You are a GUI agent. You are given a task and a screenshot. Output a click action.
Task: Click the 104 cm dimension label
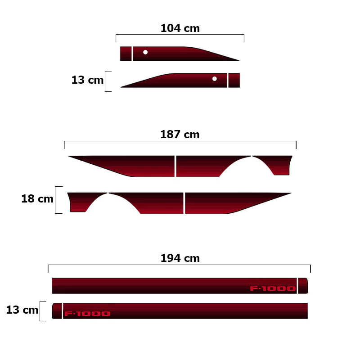180,28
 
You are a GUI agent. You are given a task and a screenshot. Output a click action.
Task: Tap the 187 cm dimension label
180,134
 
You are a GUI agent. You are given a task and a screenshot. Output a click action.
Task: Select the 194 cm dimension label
180,258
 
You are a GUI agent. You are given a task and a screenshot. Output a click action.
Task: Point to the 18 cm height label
37,198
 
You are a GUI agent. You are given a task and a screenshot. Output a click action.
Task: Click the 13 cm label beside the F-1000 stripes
22,310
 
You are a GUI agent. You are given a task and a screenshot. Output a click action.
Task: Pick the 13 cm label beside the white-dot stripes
87,80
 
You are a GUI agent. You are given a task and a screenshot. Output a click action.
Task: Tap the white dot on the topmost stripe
145,52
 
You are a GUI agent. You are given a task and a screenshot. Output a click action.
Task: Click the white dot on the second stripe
215,79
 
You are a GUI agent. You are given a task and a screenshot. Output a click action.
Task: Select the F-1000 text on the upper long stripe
273,288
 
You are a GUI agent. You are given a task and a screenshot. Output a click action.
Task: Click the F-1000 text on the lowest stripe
87,314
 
